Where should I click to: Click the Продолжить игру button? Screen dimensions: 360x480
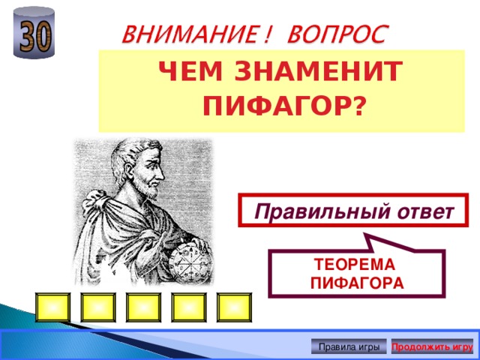click(432, 346)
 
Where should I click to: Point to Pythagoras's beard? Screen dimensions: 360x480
click(149, 196)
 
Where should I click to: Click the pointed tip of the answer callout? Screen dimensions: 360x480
click(367, 236)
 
